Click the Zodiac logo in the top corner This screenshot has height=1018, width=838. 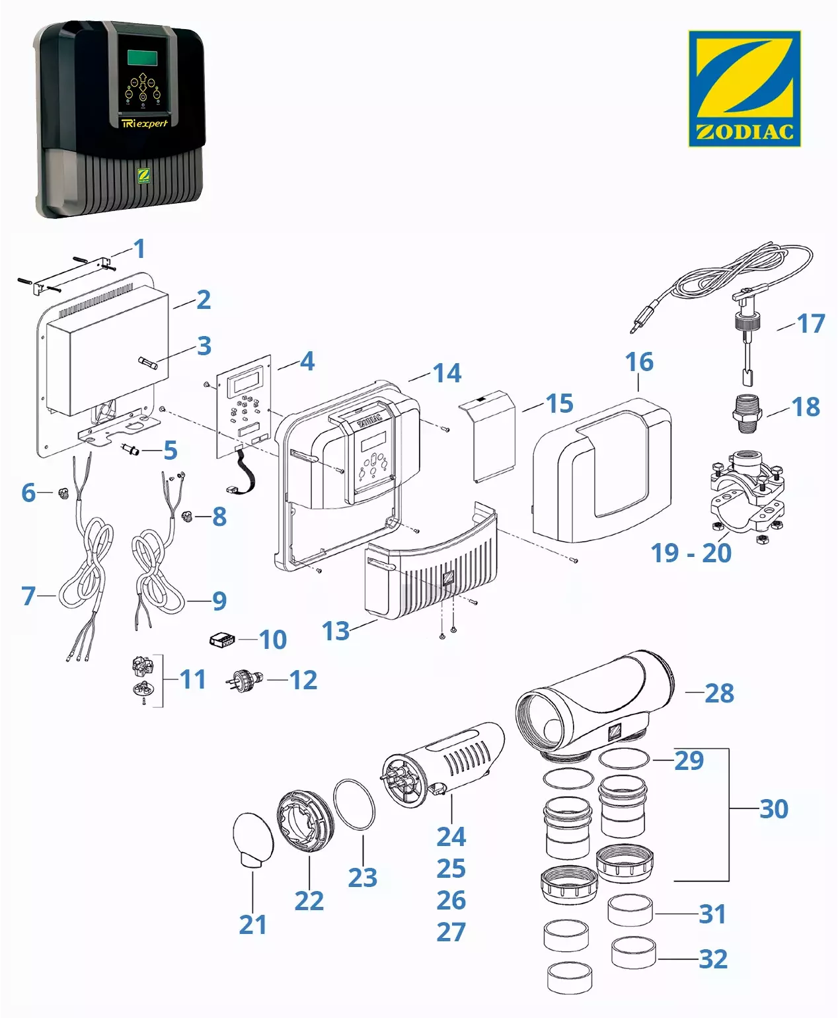tap(744, 88)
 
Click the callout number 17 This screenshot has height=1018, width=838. tap(811, 323)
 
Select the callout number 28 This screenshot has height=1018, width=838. tap(719, 693)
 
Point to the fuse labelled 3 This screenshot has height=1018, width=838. tap(147, 361)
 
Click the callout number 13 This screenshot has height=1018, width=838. tap(336, 631)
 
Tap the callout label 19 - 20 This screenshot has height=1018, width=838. tap(691, 553)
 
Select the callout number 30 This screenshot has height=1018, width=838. tap(774, 808)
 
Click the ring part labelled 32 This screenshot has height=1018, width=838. tap(633, 953)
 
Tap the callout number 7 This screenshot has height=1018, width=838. tap(28, 596)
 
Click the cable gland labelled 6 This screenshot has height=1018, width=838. tap(63, 493)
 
